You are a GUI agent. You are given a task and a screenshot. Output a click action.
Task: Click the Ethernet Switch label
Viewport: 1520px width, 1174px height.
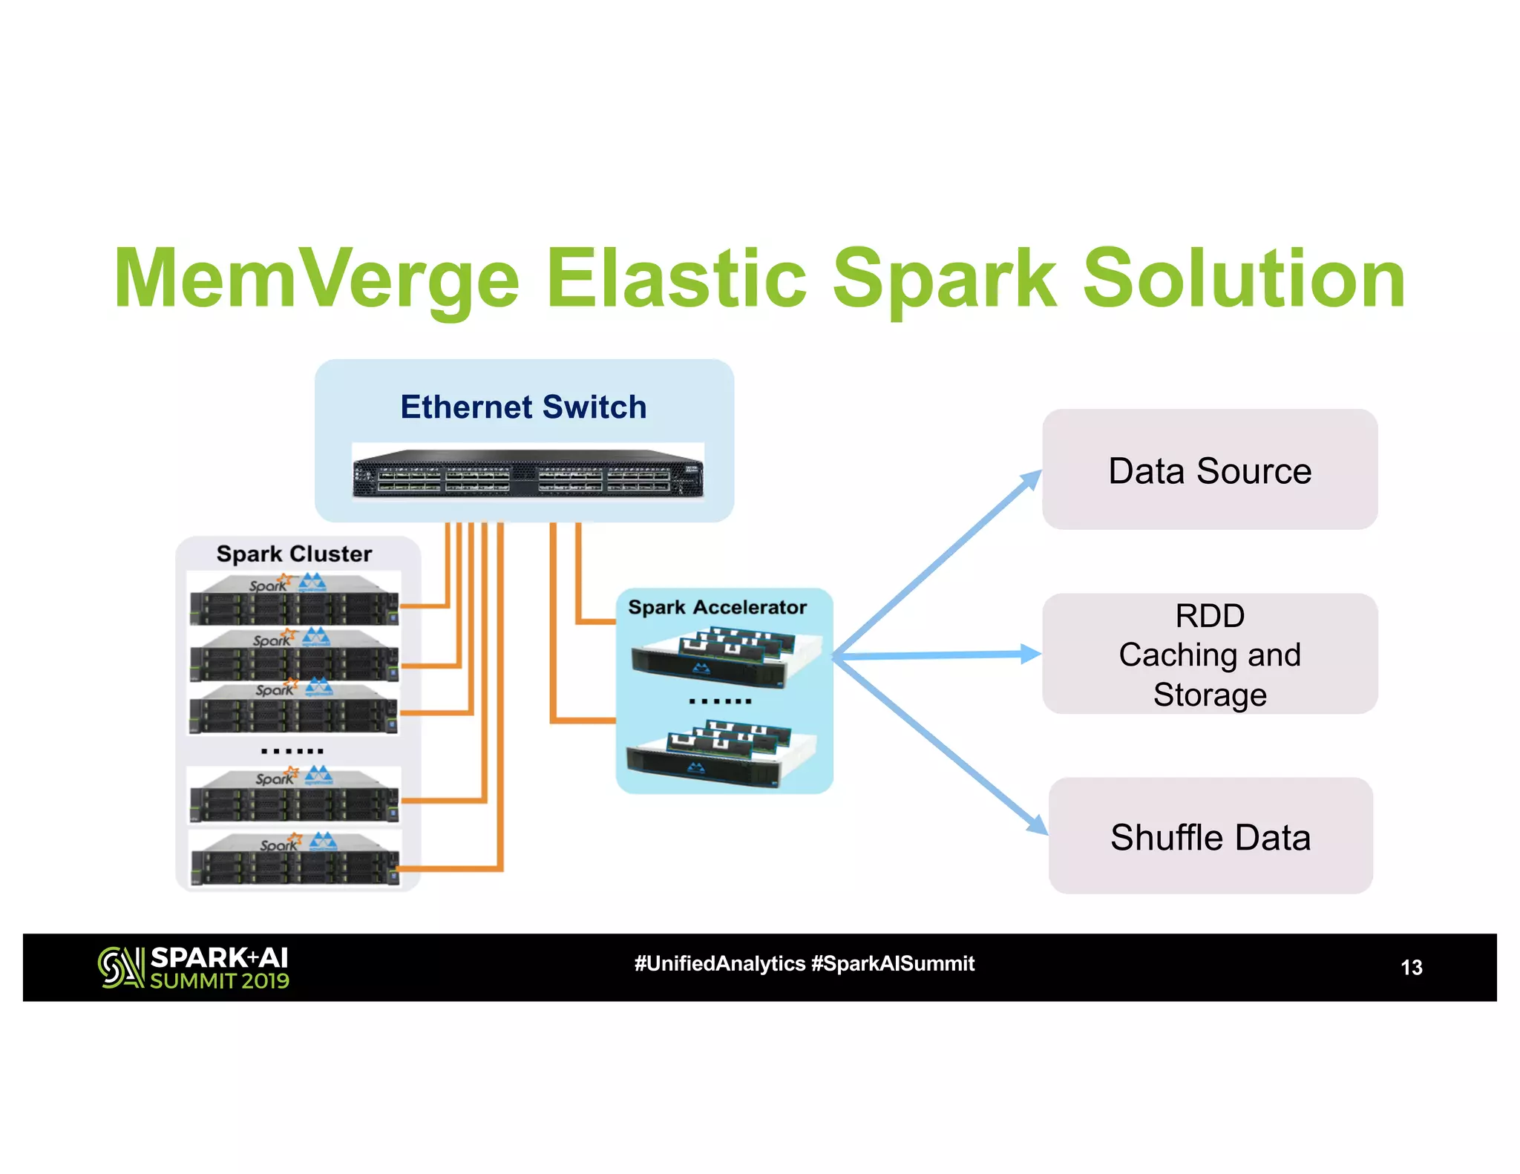(x=523, y=407)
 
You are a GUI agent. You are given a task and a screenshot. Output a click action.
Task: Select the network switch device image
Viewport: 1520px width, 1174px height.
(x=528, y=473)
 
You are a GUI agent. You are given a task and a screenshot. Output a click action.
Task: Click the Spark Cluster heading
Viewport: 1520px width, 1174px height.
(x=294, y=554)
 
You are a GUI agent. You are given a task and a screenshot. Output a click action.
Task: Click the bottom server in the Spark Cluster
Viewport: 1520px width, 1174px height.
(x=295, y=861)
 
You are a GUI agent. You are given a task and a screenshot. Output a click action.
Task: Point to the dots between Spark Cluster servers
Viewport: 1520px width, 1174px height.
(x=292, y=751)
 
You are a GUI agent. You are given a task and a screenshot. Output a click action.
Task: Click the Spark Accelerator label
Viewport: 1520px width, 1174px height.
(x=717, y=607)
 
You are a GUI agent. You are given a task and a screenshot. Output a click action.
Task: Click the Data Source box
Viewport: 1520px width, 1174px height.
(x=1210, y=470)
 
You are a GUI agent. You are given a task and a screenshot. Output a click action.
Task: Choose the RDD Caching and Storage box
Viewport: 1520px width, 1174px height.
(x=1210, y=655)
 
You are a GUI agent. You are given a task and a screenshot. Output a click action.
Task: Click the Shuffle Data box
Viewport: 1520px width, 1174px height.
(x=1210, y=836)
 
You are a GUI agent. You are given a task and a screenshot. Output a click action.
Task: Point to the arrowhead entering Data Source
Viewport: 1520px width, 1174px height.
(x=1032, y=479)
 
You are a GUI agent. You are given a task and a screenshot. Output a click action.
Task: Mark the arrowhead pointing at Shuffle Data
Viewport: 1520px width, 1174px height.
(x=1037, y=824)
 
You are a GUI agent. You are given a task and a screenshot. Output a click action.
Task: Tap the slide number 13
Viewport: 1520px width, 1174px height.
(x=1411, y=967)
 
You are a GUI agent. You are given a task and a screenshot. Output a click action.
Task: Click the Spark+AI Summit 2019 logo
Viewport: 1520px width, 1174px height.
(x=194, y=968)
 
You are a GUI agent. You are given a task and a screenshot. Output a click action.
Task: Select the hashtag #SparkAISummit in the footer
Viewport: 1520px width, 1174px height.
(x=893, y=963)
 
